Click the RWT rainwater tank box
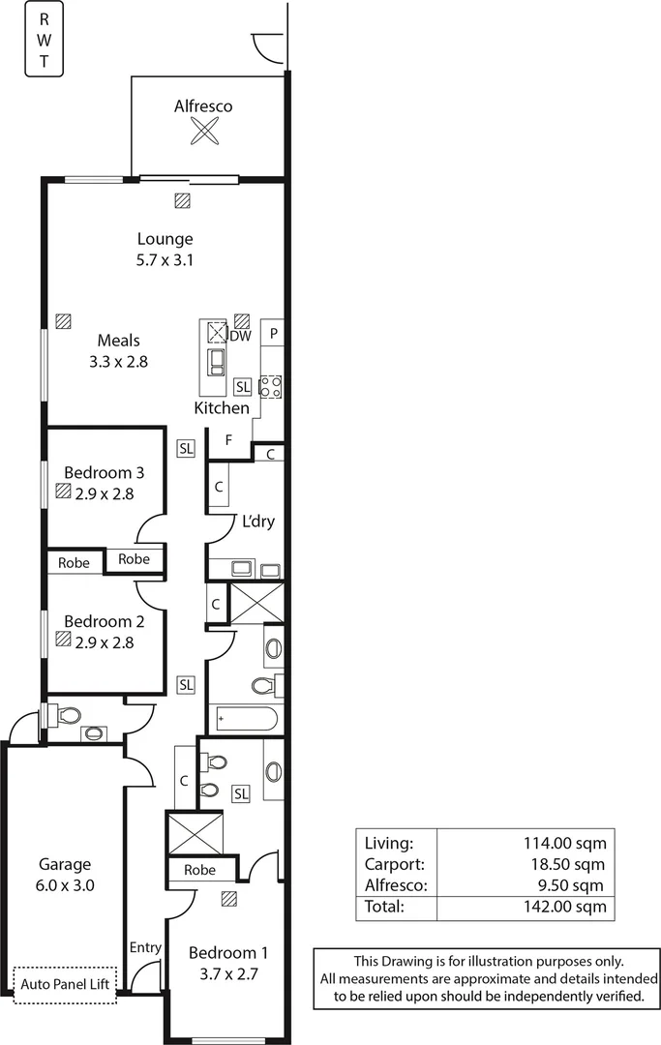tap(44, 41)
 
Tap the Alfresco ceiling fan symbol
tap(203, 131)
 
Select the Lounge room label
tap(165, 239)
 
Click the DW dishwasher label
tap(240, 336)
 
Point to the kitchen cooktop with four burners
tap(271, 386)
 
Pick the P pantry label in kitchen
tap(274, 334)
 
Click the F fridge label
tap(228, 440)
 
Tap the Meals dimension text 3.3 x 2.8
tap(119, 361)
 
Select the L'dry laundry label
tap(257, 521)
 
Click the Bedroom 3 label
tap(105, 473)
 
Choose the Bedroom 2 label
tap(105, 621)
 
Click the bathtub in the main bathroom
tap(246, 720)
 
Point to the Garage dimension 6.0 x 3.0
tap(65, 884)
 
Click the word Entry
tap(145, 947)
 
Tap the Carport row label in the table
tap(390, 864)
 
